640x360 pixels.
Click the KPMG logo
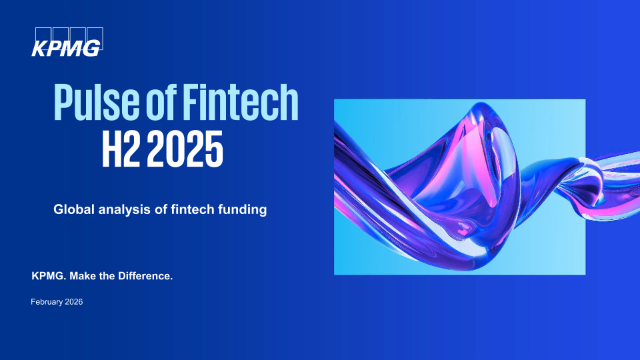point(67,42)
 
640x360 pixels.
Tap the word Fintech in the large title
point(241,101)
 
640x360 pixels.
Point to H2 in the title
point(121,149)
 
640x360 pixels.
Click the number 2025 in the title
point(185,149)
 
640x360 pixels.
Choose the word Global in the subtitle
point(74,209)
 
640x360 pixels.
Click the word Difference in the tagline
point(145,276)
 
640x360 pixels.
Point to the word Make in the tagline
point(83,276)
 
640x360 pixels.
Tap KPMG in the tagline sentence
point(49,276)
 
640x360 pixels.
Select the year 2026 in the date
point(74,302)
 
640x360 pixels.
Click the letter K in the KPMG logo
point(40,49)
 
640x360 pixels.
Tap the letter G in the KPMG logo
point(92,49)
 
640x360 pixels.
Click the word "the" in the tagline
point(107,276)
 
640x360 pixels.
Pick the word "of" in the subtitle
point(161,209)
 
